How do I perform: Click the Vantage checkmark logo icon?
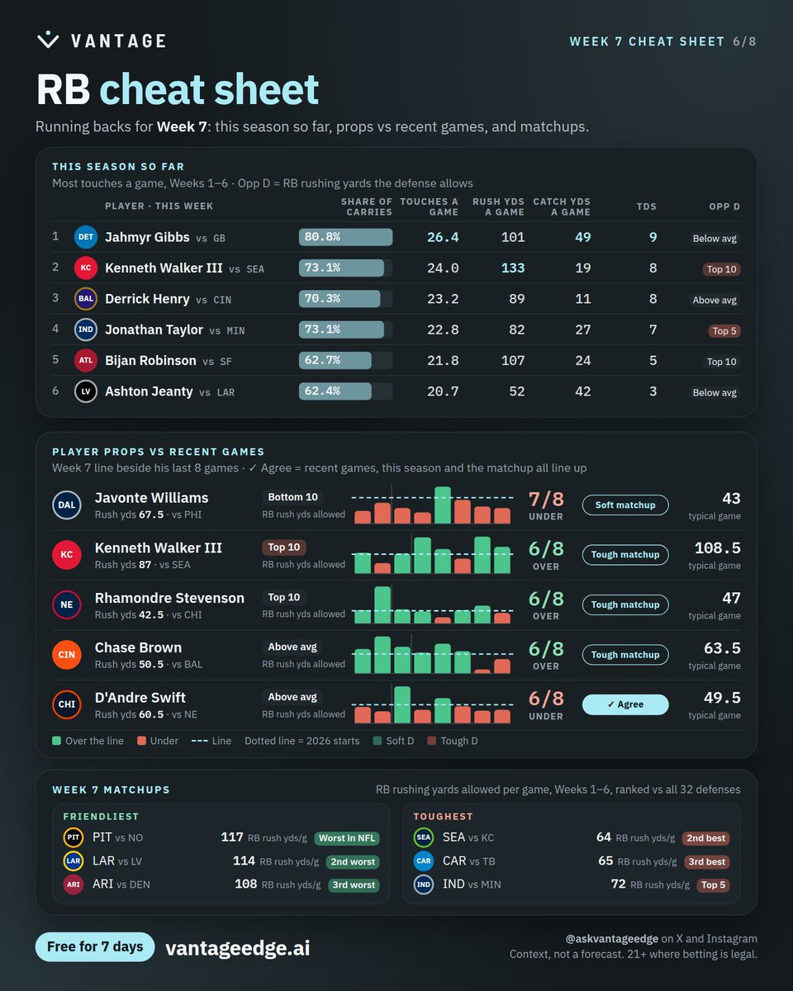(48, 40)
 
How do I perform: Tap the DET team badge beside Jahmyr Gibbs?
(86, 237)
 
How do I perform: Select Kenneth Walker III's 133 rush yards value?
(513, 268)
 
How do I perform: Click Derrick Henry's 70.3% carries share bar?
(340, 299)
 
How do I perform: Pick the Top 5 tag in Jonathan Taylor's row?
(724, 330)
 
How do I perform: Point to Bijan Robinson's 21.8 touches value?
(443, 361)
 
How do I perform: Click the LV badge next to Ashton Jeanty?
(86, 391)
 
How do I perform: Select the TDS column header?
(647, 206)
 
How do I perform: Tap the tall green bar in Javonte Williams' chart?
(443, 505)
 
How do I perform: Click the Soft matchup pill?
(625, 505)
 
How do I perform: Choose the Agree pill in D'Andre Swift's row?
(625, 704)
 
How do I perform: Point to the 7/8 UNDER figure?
(546, 505)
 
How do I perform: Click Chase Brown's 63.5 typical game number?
(722, 648)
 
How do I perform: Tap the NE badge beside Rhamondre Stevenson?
(67, 605)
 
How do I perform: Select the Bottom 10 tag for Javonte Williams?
(292, 497)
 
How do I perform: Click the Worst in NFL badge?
(347, 838)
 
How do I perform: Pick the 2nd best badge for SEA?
(706, 838)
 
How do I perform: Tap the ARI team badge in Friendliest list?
(74, 884)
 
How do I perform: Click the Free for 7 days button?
(95, 946)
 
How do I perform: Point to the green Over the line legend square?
(57, 741)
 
